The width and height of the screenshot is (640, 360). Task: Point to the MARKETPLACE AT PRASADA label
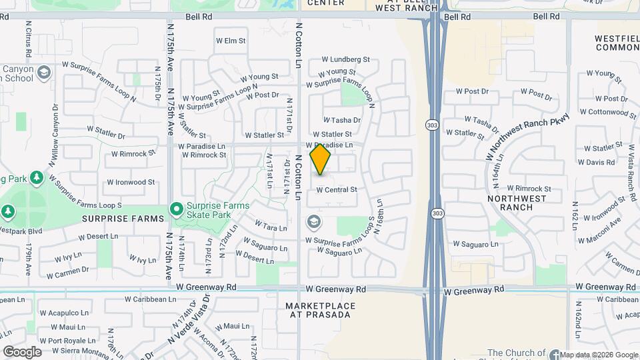click(321, 310)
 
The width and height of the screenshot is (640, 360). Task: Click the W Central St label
click(337, 189)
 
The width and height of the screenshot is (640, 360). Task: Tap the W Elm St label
click(231, 41)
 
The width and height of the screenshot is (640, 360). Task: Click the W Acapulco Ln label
click(64, 313)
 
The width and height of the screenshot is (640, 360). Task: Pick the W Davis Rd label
click(596, 162)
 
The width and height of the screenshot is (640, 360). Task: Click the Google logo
click(22, 352)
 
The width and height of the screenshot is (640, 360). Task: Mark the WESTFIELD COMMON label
click(617, 43)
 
